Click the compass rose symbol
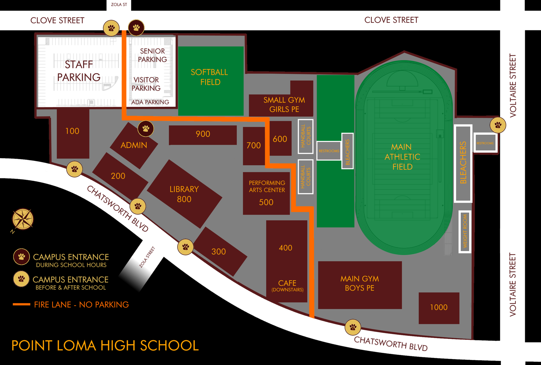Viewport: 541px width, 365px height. [x=23, y=219]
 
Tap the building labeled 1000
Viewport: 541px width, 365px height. [x=439, y=308]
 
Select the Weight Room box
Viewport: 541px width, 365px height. [x=465, y=231]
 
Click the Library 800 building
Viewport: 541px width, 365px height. [x=184, y=194]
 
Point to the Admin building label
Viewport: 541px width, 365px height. [x=134, y=145]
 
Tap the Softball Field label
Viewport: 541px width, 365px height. [x=210, y=77]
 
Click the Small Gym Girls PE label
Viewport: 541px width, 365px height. [x=284, y=105]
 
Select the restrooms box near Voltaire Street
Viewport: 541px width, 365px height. [x=485, y=143]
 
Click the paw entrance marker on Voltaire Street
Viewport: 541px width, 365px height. [x=498, y=125]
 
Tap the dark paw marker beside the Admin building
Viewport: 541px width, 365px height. [x=146, y=129]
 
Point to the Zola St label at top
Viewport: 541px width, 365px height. [x=119, y=5]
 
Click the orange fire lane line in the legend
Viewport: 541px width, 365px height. [x=21, y=304]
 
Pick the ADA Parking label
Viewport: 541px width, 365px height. [x=150, y=102]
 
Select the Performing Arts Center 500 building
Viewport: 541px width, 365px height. [x=266, y=193]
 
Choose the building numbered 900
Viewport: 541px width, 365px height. [x=203, y=134]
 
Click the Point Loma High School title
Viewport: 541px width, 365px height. [x=105, y=346]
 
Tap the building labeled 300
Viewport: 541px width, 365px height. [x=219, y=251]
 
